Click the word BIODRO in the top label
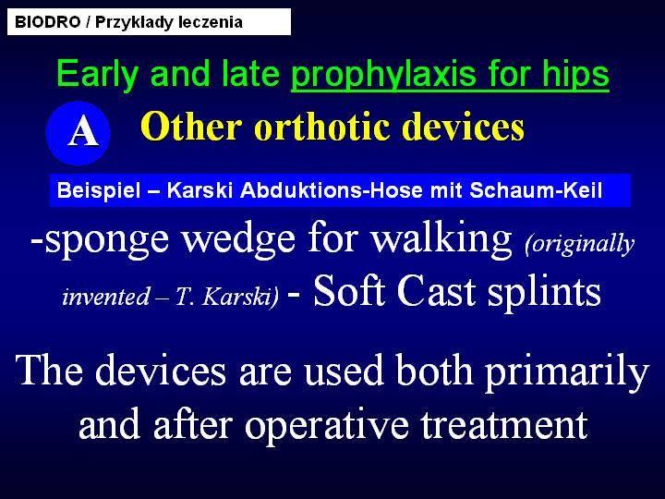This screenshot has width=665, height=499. [x=47, y=22]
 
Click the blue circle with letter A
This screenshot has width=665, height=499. [x=78, y=133]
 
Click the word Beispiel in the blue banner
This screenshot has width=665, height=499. [x=99, y=190]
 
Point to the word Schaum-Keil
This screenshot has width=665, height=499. [x=536, y=190]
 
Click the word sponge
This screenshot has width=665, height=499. [x=107, y=239]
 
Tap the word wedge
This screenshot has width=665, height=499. [x=238, y=239]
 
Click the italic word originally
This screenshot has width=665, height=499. [x=579, y=244]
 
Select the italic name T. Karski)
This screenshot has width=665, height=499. [x=227, y=297]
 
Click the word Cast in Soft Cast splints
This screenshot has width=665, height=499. [x=436, y=291]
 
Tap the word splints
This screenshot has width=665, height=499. [x=544, y=293]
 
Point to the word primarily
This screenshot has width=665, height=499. [x=567, y=371]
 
